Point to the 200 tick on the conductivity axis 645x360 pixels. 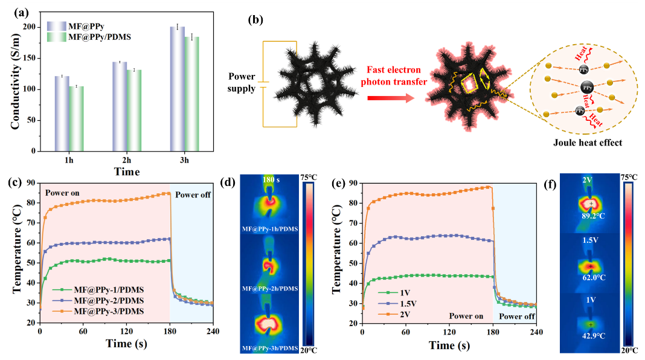31,27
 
